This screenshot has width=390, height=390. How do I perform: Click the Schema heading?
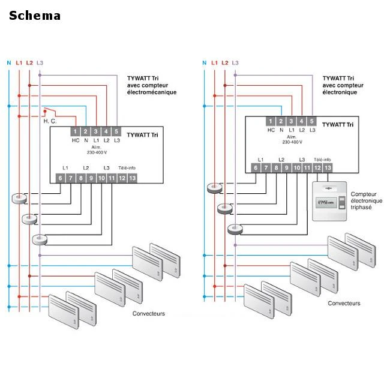click(x=34, y=16)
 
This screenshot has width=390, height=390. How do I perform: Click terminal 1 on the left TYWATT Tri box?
click(x=75, y=131)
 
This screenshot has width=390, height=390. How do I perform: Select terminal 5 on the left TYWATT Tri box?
click(x=116, y=131)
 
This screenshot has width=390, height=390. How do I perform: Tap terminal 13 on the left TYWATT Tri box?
click(x=132, y=178)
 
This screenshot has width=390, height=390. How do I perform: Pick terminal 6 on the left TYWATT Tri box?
click(x=61, y=178)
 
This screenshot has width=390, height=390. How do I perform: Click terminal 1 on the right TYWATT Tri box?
click(x=271, y=122)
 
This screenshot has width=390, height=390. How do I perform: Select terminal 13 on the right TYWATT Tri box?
click(x=328, y=168)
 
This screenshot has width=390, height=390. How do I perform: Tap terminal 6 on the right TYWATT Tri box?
click(x=256, y=168)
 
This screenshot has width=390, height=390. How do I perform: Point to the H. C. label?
click(x=50, y=122)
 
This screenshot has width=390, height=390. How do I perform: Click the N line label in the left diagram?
click(x=9, y=62)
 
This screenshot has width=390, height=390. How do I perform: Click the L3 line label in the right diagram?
click(x=235, y=62)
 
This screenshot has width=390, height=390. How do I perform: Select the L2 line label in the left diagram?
click(x=29, y=62)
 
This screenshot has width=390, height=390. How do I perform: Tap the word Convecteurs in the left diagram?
click(x=148, y=314)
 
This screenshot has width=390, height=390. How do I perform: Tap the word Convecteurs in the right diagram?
click(x=344, y=304)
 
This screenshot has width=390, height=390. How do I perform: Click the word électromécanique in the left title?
click(x=151, y=92)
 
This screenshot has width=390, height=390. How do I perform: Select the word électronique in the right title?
click(x=340, y=92)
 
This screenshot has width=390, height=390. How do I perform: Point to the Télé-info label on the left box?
click(x=127, y=168)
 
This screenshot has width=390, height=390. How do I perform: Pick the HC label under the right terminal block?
click(x=271, y=130)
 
